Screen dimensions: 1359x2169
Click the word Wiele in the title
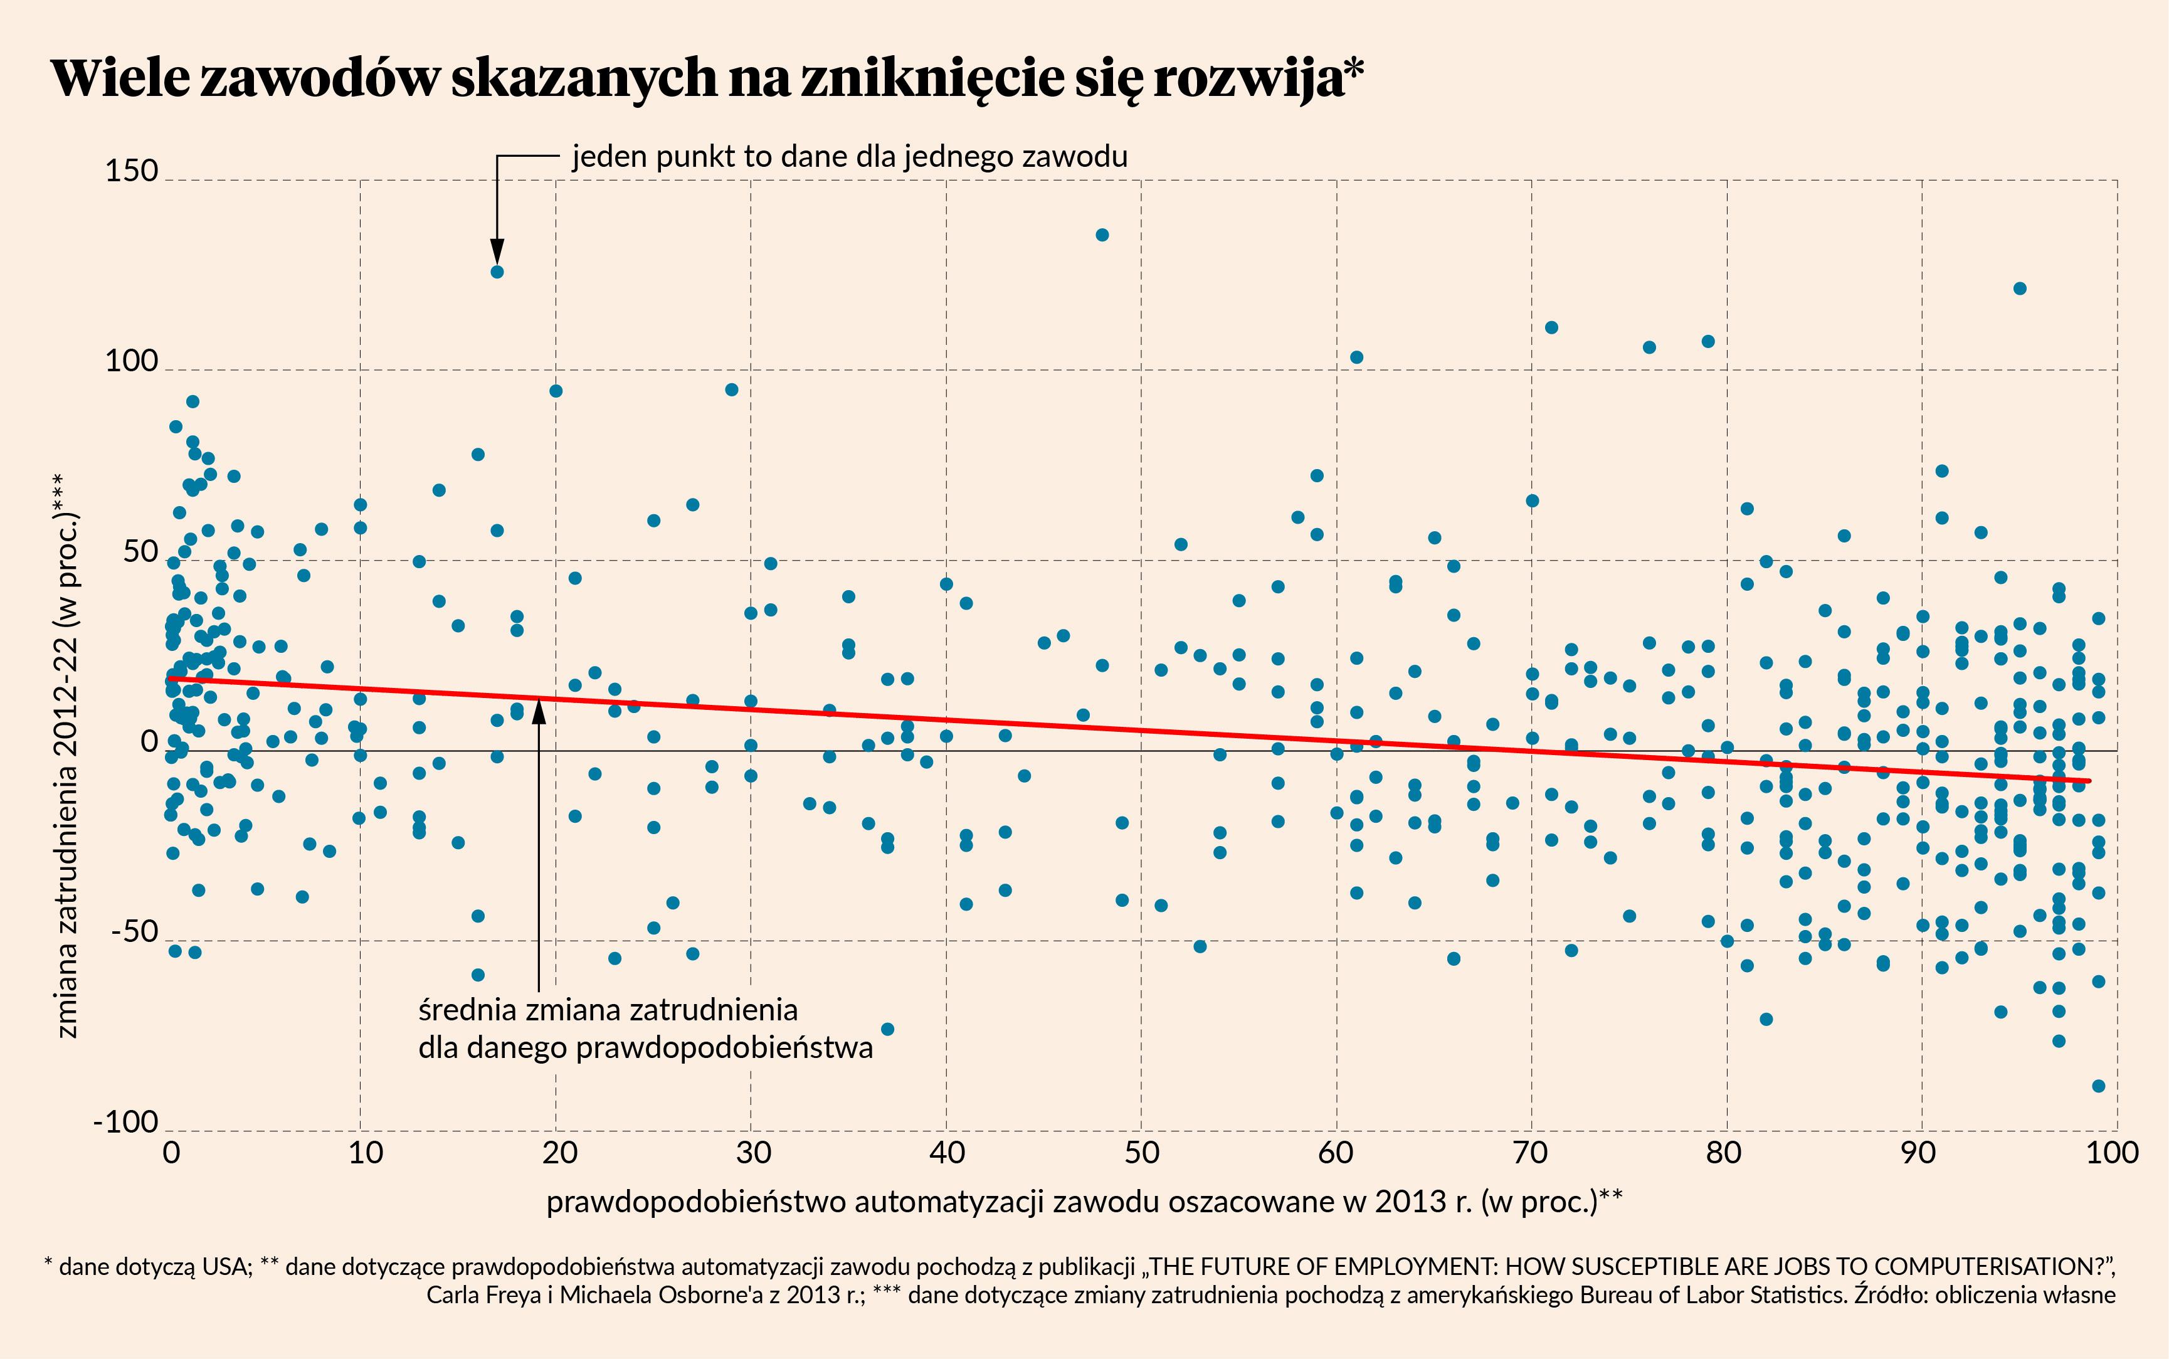(120, 78)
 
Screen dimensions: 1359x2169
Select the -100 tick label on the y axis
(126, 1123)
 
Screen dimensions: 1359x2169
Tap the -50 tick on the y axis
(135, 932)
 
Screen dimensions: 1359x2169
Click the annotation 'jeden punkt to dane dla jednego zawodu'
(849, 156)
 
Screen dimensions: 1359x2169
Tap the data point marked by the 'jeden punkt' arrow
(497, 272)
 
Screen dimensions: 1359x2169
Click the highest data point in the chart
(1102, 235)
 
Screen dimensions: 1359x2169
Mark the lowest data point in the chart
(2099, 1086)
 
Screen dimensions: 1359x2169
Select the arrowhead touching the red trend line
(539, 710)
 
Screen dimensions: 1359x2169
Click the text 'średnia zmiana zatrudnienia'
(608, 1010)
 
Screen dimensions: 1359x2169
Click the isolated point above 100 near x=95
(2020, 288)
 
